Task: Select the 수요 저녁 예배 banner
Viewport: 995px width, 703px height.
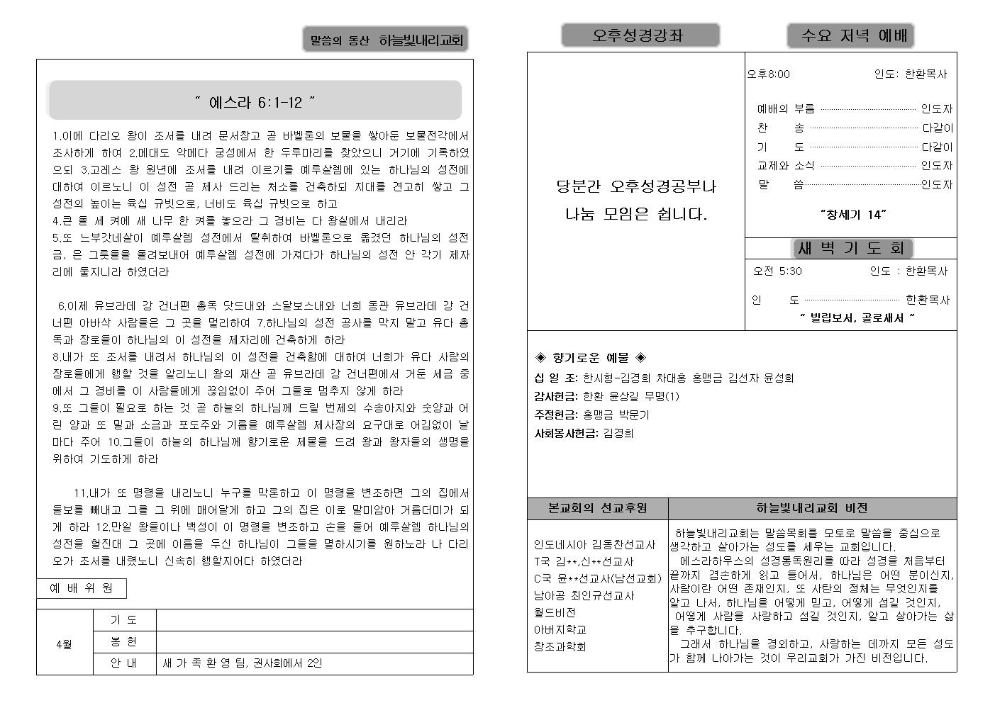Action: [x=850, y=35]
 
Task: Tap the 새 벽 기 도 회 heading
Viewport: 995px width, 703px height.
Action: [x=851, y=248]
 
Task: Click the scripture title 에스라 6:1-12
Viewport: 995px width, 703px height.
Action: [x=255, y=102]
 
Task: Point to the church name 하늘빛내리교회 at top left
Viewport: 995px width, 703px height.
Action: [x=421, y=40]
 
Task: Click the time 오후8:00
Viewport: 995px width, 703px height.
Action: [x=768, y=74]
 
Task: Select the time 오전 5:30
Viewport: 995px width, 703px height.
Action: [x=777, y=271]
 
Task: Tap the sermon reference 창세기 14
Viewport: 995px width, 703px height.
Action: [x=853, y=214]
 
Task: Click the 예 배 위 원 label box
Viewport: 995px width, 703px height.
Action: [x=82, y=588]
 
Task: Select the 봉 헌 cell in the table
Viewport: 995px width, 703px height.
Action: [x=124, y=642]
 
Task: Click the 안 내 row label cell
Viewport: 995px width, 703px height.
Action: [x=124, y=663]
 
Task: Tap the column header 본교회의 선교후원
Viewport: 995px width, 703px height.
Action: [x=598, y=508]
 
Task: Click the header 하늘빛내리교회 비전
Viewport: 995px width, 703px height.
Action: [x=812, y=508]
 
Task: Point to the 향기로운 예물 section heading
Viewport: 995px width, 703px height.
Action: [x=590, y=358]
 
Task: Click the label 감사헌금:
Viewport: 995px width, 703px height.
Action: [x=556, y=396]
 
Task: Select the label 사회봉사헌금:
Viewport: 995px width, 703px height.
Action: [x=565, y=433]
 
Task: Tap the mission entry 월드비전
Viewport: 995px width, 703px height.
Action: [x=555, y=612]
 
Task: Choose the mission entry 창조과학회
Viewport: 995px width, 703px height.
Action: [x=560, y=646]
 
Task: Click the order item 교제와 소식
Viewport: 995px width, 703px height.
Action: [x=786, y=166]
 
